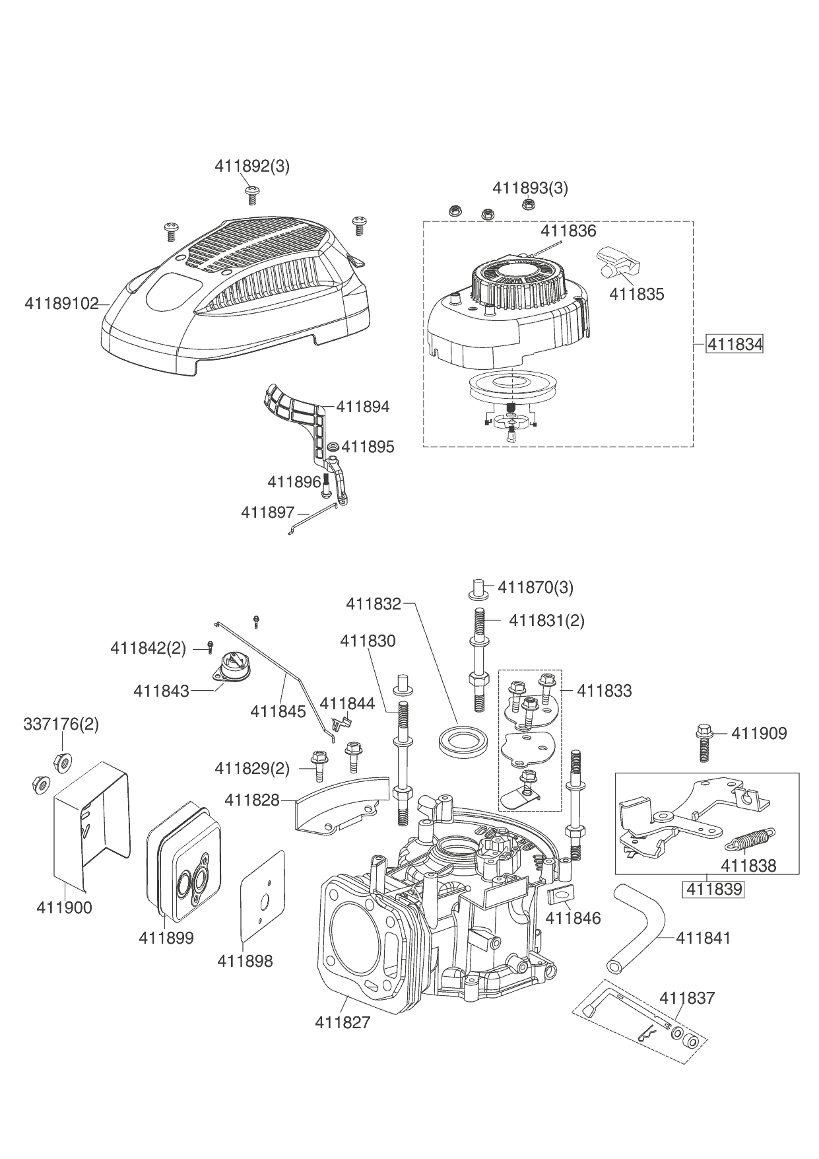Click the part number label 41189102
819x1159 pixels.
[61, 304]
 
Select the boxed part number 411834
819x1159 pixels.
[735, 344]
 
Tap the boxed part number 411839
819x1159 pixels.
[714, 889]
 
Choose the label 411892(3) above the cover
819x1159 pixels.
[252, 166]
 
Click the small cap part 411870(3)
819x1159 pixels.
[480, 588]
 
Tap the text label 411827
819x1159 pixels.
[343, 1023]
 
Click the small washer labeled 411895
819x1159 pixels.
[333, 447]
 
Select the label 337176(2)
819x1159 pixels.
[61, 724]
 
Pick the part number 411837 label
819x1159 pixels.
[687, 998]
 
